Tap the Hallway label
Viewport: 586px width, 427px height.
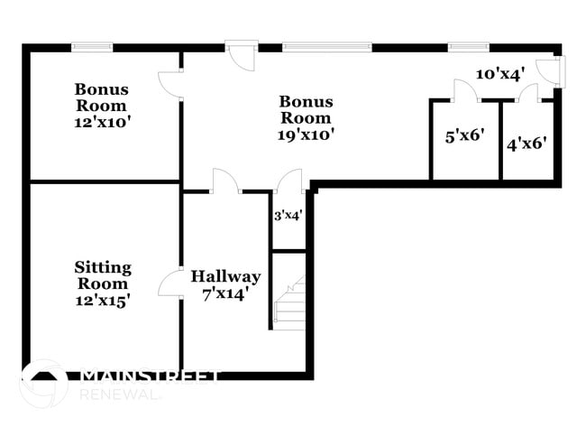tap(225, 276)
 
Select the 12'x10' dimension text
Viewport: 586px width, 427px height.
tap(102, 123)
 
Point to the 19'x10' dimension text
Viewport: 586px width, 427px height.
tap(306, 135)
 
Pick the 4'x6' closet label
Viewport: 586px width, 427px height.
tap(527, 143)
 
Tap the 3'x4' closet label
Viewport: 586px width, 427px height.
tap(288, 216)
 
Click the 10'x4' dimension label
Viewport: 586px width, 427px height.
tap(500, 74)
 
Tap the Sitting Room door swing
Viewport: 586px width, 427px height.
tap(171, 283)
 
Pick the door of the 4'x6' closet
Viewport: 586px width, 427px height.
tap(527, 91)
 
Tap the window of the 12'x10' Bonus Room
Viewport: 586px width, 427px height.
tap(92, 47)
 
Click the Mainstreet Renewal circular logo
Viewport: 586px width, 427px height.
tap(42, 383)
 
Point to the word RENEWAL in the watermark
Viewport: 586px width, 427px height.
tap(122, 395)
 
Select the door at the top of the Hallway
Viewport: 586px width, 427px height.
tap(224, 181)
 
